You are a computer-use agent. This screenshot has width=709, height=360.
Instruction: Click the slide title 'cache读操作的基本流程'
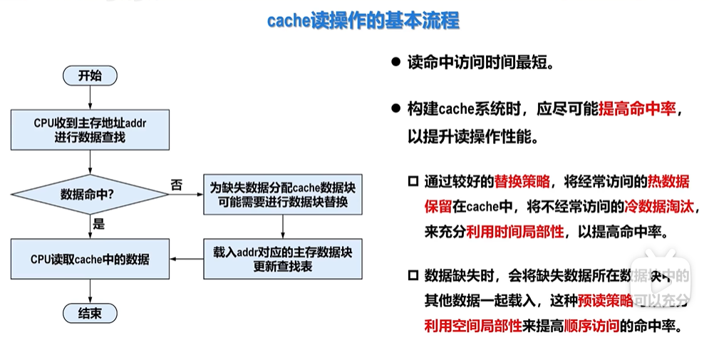coord(363,21)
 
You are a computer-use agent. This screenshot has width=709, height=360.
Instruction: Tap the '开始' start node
coord(90,76)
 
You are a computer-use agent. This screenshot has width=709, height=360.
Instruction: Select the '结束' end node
coord(90,313)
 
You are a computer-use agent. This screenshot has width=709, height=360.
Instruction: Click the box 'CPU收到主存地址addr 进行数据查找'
coord(90,130)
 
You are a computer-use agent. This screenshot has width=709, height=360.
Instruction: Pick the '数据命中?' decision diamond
coord(89,194)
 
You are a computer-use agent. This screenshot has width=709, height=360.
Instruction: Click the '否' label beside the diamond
coord(177,185)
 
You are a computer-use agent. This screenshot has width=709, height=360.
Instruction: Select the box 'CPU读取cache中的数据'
coord(90,259)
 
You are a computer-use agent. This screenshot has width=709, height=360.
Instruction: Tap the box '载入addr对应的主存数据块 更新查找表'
coord(284,259)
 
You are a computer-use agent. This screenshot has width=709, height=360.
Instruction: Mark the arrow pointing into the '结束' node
coord(90,291)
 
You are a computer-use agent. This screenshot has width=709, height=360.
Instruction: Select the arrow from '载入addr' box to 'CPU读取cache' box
coord(187,259)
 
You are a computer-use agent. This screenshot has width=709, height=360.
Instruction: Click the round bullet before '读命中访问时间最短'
coord(395,62)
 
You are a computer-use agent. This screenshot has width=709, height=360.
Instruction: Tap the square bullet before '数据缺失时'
coord(413,277)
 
